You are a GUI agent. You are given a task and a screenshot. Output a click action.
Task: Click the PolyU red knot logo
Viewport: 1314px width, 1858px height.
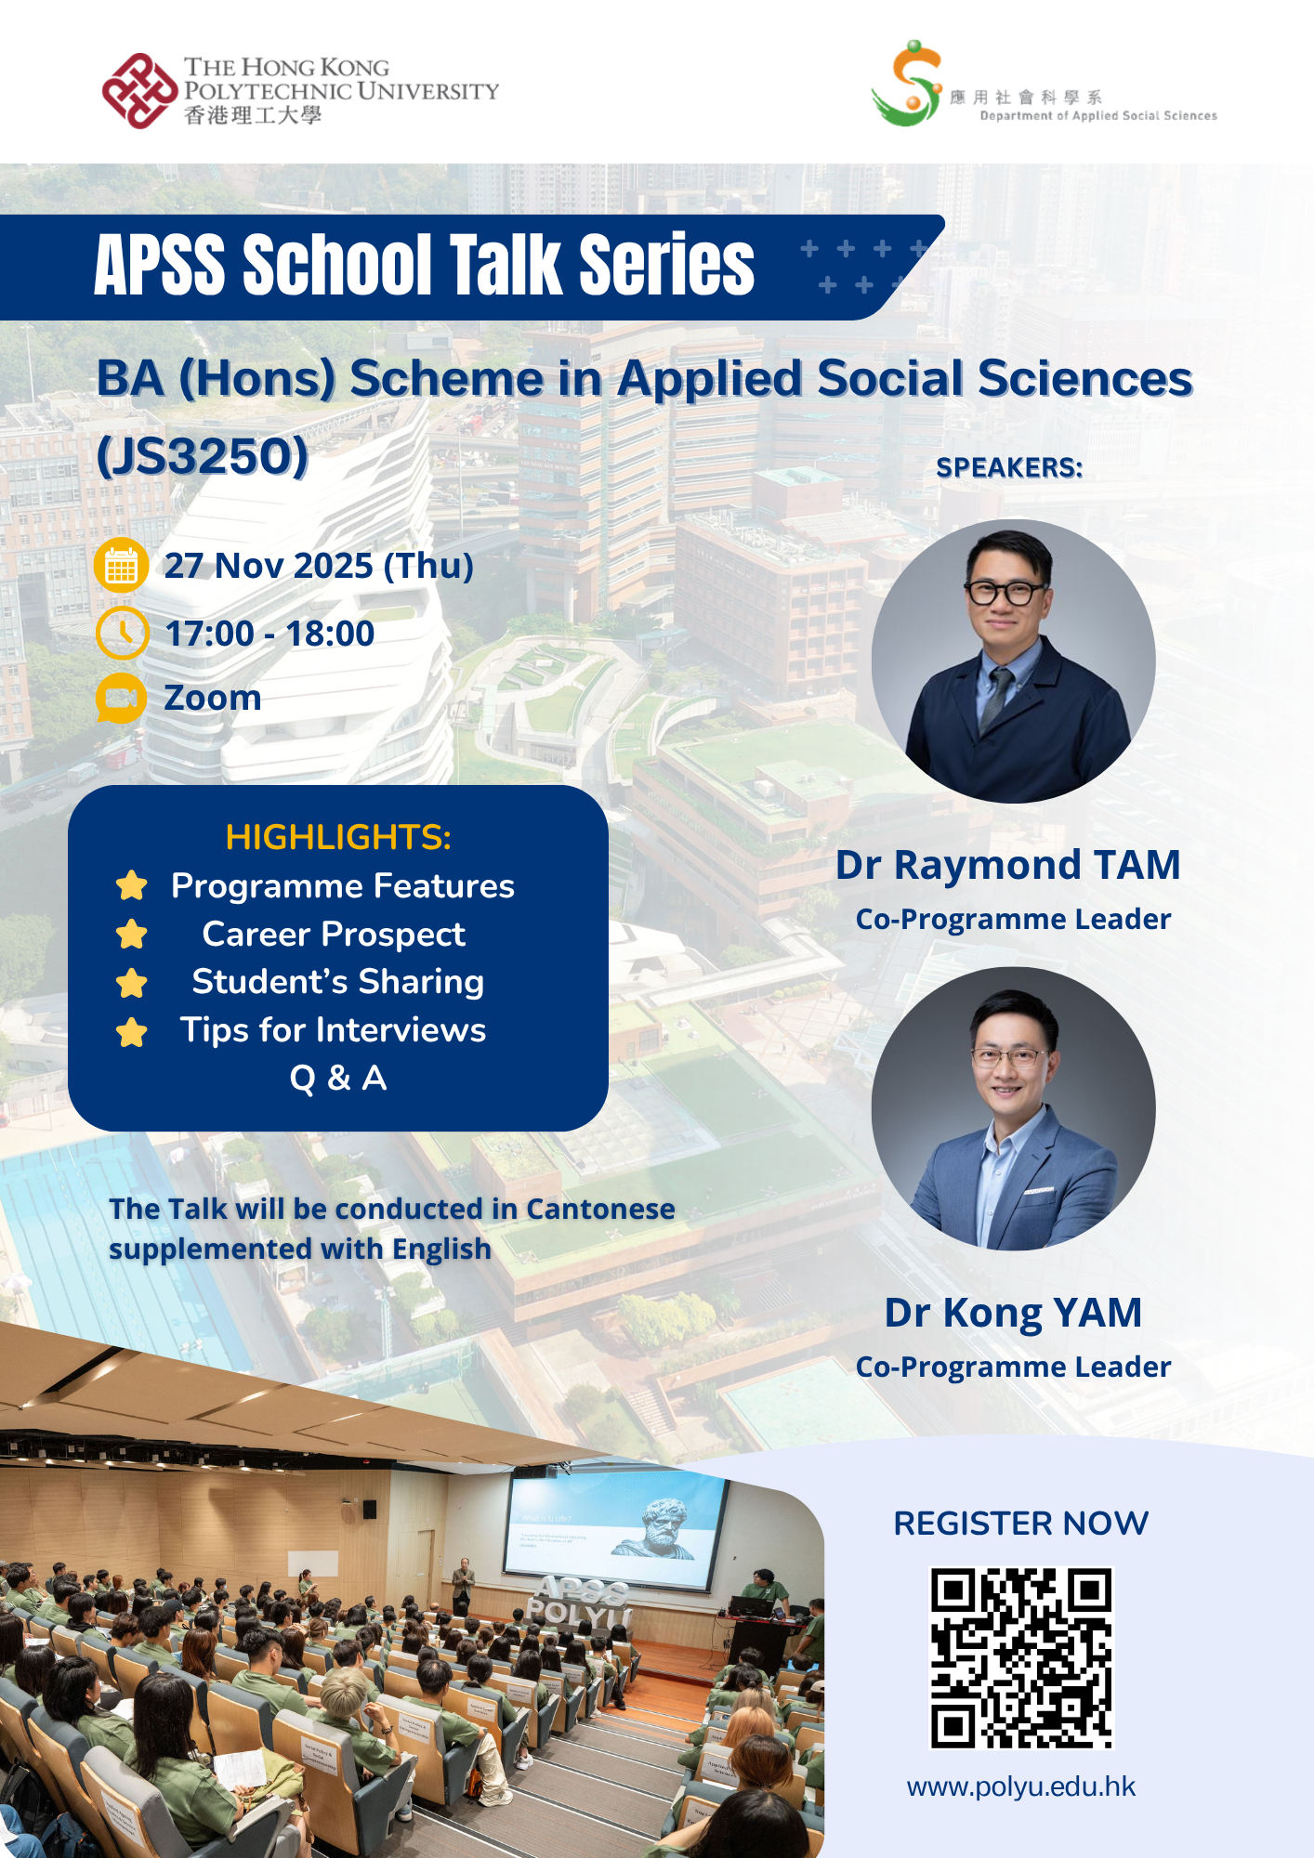(139, 91)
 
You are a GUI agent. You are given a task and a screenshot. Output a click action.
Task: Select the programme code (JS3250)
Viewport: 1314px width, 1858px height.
(203, 455)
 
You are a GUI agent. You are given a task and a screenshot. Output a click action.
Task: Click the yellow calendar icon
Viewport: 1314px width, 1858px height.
(122, 565)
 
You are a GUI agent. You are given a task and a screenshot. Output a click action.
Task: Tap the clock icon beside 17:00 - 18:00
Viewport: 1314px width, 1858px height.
(122, 634)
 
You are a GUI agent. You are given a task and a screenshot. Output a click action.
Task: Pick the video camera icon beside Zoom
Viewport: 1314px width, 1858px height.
(122, 699)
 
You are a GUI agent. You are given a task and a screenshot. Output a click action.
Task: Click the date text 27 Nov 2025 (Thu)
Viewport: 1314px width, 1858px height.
(319, 566)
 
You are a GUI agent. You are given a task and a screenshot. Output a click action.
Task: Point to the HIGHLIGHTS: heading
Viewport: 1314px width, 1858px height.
(338, 837)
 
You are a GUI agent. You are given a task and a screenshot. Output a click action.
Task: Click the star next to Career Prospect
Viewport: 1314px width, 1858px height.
(132, 934)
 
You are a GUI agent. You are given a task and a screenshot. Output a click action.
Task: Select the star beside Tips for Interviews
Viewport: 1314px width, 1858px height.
(132, 1031)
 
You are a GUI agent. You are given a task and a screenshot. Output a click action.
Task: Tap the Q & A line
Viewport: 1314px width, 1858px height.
(338, 1079)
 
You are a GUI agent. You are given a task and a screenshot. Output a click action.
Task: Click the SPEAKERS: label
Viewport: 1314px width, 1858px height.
(1009, 467)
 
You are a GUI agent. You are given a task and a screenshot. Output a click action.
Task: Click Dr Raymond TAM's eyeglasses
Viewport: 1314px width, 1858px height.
(1005, 592)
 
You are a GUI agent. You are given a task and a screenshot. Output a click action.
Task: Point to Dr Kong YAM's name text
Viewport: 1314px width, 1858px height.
(1013, 1313)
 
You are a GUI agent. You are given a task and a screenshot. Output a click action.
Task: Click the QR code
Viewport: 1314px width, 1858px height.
(1021, 1658)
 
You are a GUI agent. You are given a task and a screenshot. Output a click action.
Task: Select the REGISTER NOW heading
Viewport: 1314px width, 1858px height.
(1021, 1524)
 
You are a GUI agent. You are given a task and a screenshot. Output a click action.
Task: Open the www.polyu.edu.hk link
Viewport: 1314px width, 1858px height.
(1021, 1786)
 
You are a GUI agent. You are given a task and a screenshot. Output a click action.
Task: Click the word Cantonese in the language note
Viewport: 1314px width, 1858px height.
(600, 1209)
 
